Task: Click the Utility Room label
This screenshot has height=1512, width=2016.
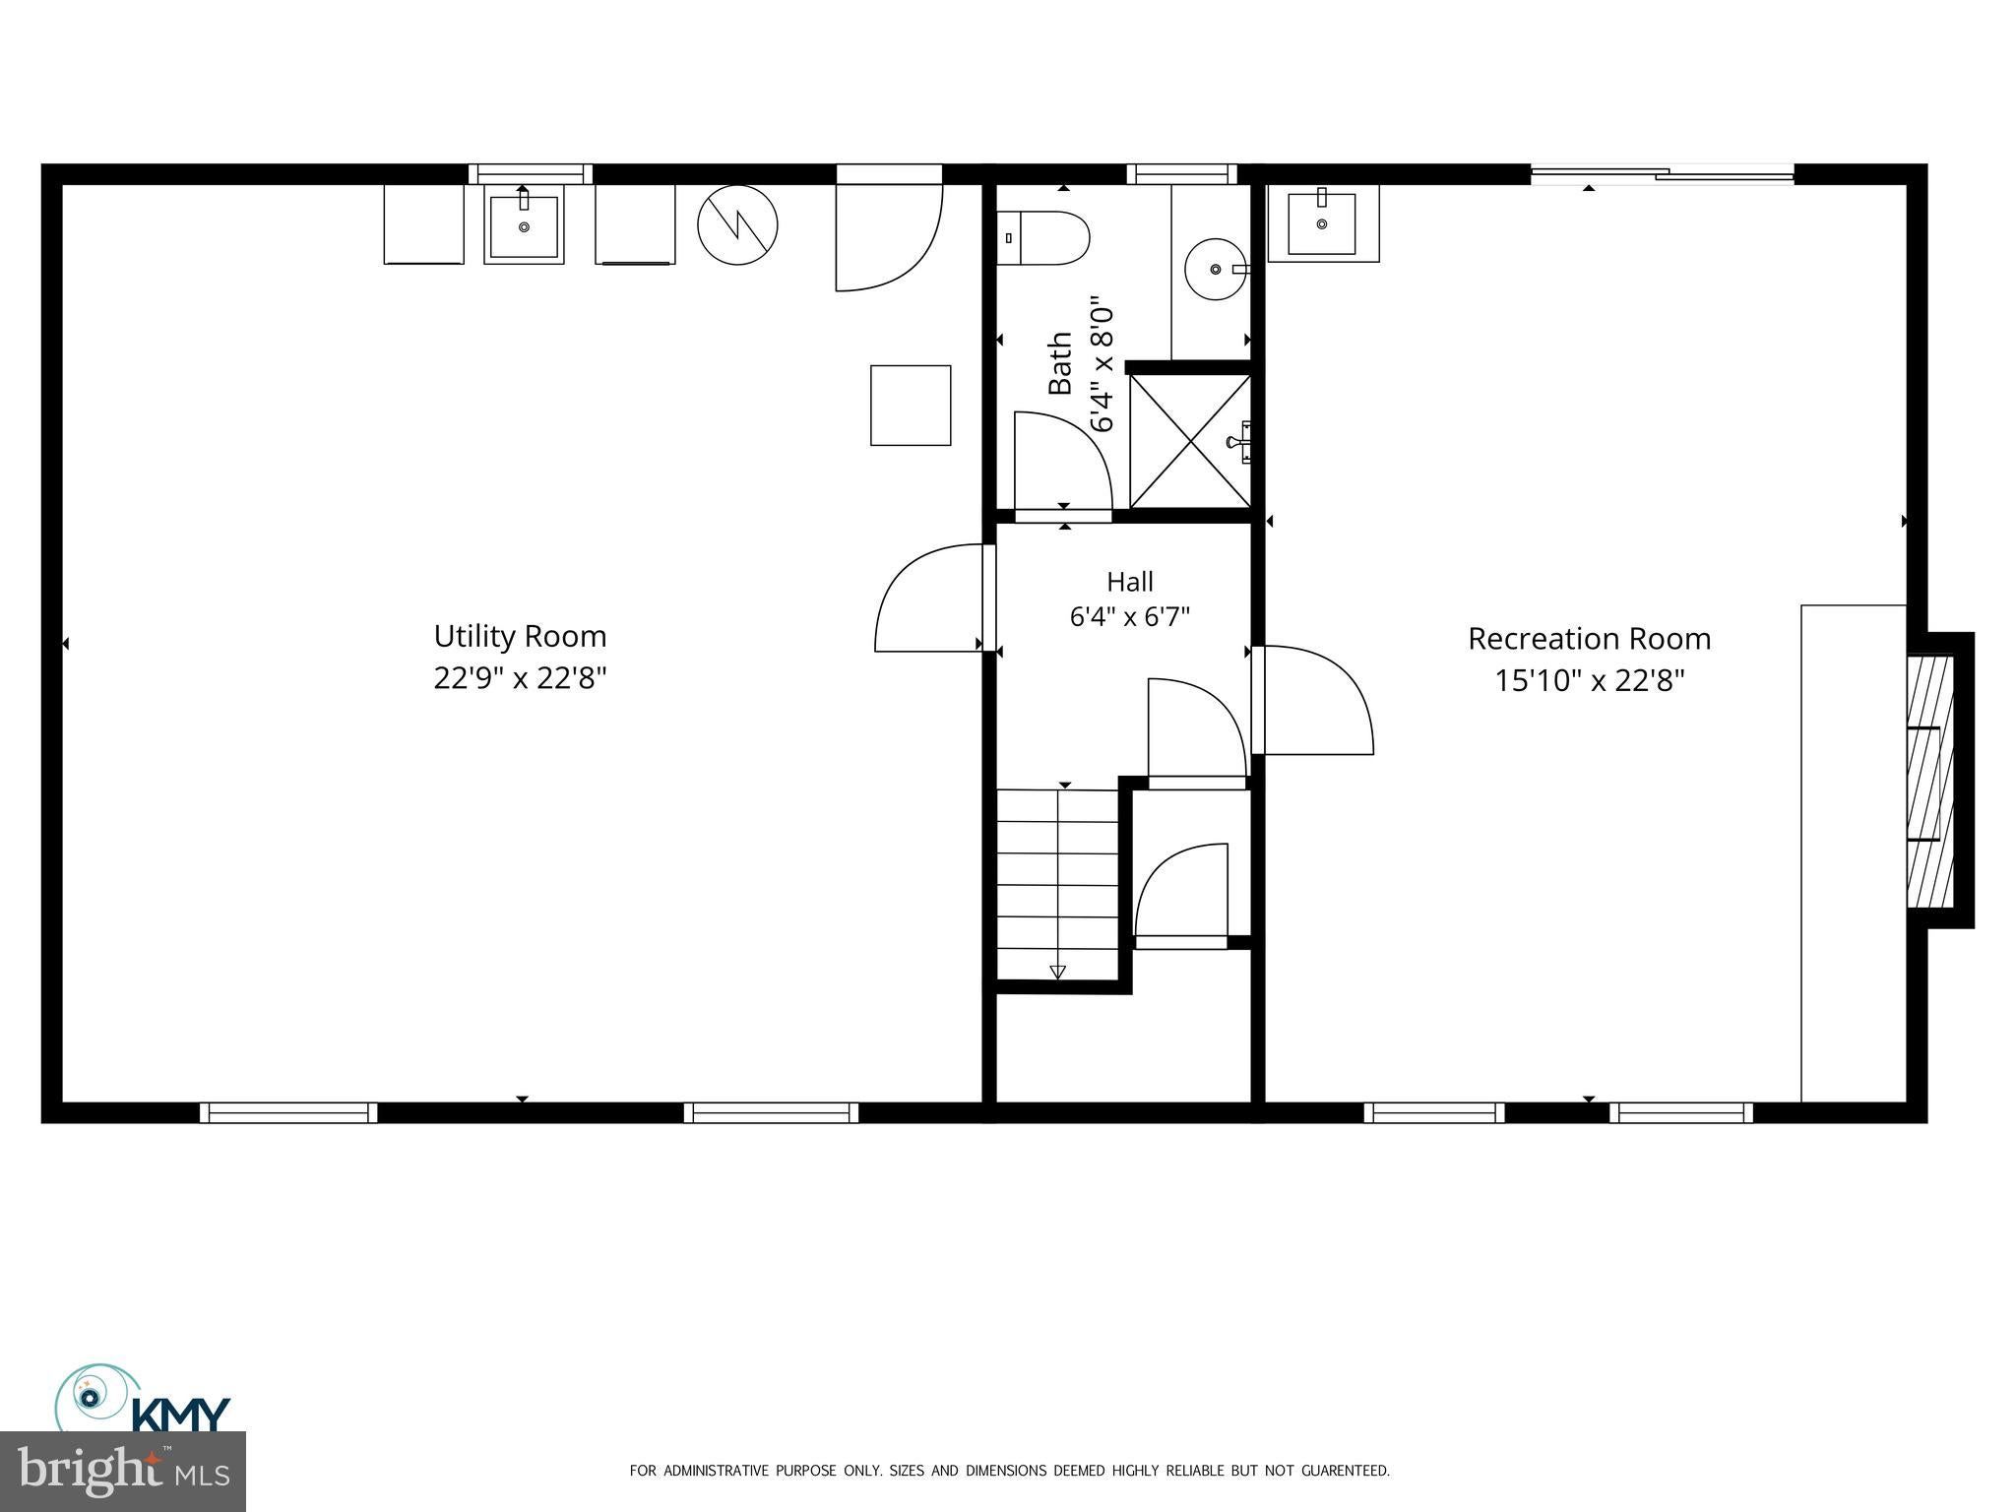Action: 520,636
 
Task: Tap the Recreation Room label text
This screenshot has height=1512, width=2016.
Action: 1589,639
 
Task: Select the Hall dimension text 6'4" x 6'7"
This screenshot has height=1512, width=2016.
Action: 1130,617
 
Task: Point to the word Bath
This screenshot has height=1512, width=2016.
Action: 1059,364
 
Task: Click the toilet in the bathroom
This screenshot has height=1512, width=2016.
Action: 1042,238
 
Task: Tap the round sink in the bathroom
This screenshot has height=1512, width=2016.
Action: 1217,268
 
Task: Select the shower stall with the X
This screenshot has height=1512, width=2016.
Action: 1190,441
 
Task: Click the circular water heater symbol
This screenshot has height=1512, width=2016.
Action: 737,224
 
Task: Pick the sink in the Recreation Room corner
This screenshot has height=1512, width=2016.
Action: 1323,223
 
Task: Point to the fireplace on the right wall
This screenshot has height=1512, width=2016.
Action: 1930,781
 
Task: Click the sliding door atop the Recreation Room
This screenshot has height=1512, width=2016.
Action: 1663,175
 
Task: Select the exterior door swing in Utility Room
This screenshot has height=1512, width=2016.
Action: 889,237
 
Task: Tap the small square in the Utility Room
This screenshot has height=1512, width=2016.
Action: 911,406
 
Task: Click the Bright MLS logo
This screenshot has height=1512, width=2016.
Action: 123,1472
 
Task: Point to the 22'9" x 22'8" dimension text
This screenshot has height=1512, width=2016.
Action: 520,678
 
